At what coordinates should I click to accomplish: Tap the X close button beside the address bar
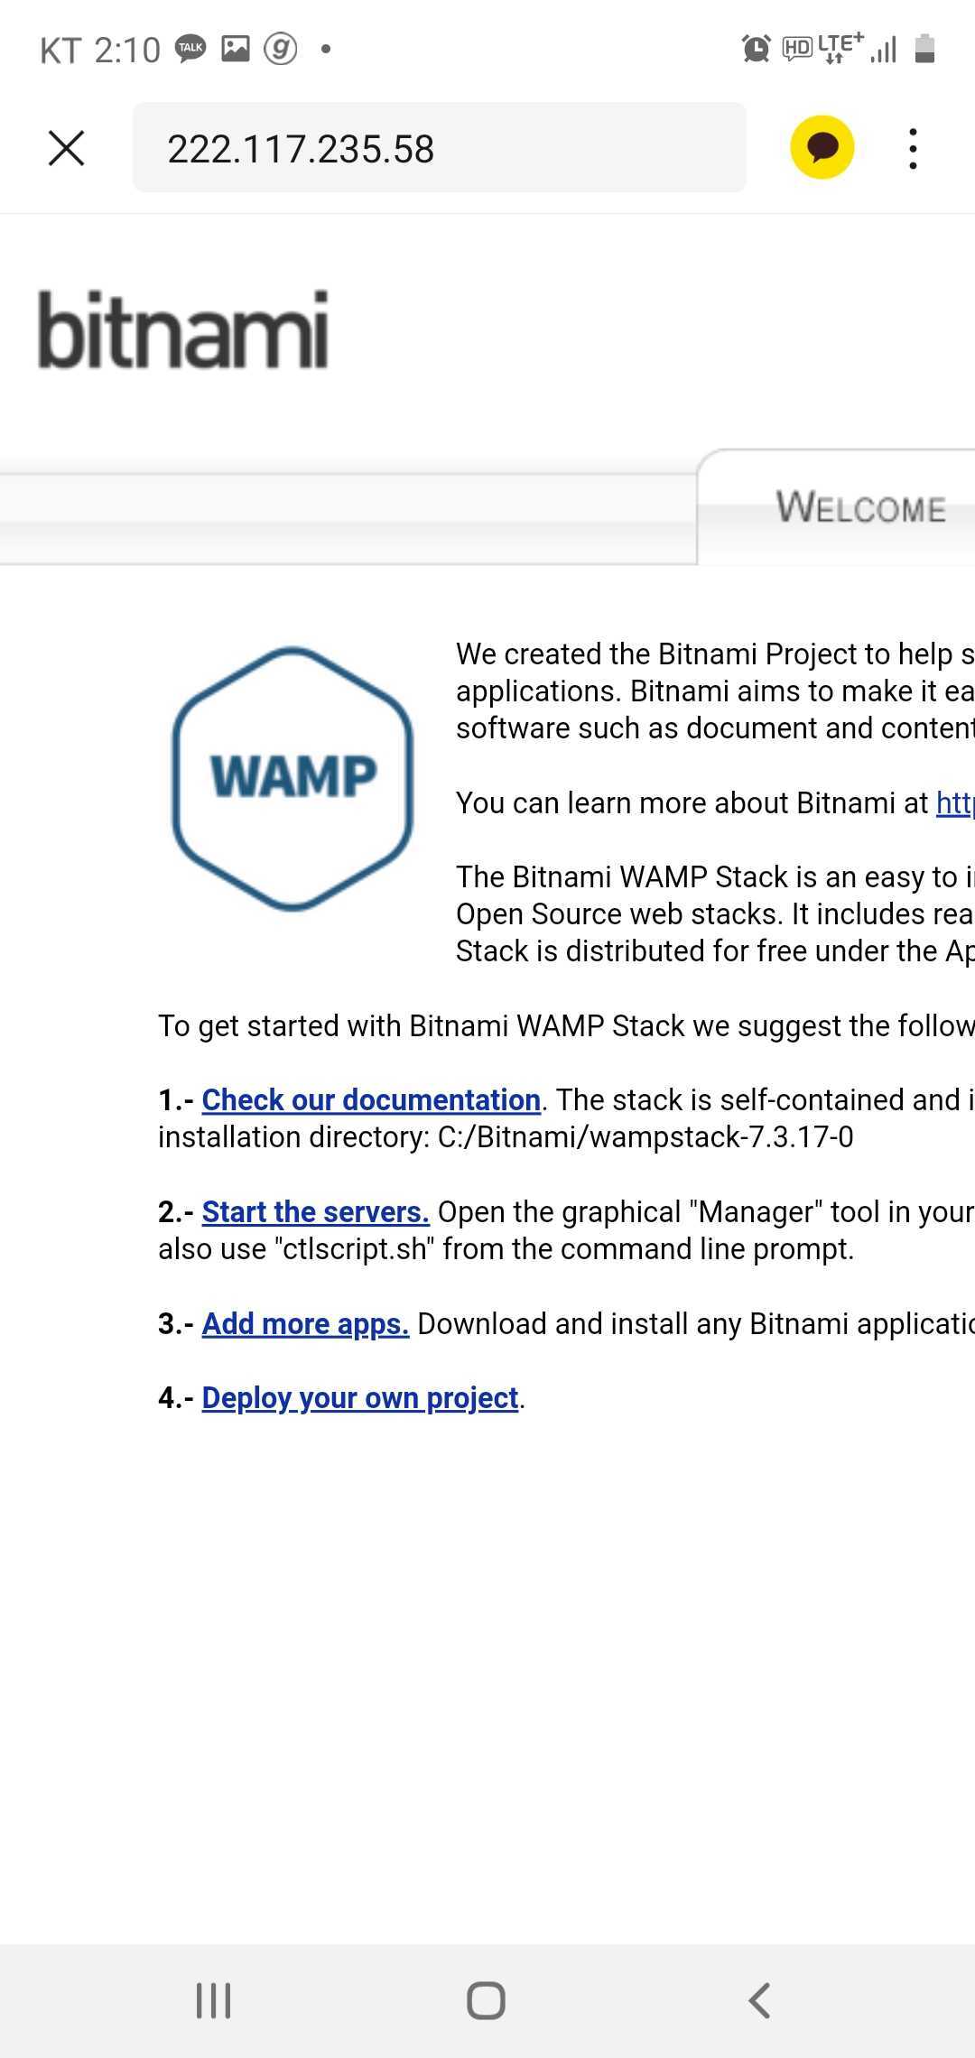66,148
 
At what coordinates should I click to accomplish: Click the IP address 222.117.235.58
301,149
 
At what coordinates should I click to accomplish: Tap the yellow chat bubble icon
822,147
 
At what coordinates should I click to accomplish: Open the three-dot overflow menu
914,148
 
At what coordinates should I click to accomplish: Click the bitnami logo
182,329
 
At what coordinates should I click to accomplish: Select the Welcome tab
859,507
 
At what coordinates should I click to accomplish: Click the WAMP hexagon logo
292,778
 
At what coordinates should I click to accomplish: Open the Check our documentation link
371,1099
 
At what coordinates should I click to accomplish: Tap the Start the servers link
315,1211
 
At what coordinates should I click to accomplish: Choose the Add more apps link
305,1323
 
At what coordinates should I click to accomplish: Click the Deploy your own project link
360,1397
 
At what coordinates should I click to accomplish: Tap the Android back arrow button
759,2000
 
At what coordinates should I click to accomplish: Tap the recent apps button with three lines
214,2000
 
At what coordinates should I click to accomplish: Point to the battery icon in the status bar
924,48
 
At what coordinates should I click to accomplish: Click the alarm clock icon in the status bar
756,48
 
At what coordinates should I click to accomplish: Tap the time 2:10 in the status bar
127,50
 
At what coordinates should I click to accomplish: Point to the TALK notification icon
190,48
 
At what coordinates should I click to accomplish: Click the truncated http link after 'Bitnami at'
954,802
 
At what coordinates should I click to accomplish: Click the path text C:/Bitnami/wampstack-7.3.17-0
645,1136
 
